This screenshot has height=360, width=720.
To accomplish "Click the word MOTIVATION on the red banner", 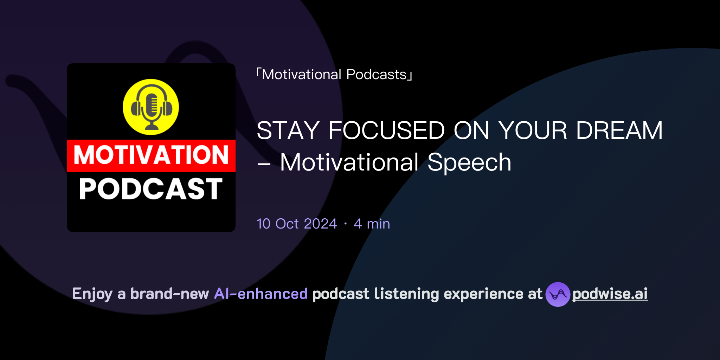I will pos(151,155).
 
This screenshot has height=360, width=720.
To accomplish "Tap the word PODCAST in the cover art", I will pos(151,189).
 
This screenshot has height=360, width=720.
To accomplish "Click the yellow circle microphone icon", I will pos(151,107).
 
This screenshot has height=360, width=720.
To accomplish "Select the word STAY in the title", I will pos(288,130).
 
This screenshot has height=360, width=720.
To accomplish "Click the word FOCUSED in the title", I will pos(386,130).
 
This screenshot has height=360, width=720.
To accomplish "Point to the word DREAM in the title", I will pos(619,130).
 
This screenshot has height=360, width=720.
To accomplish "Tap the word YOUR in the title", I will pos(533,130).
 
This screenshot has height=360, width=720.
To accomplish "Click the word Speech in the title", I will pos(469,162).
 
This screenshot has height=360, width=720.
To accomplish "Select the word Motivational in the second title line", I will pos(349,162).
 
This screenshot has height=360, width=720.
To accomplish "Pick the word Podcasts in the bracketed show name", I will pos(376,75).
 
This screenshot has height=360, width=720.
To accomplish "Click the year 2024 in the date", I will pos(320,224).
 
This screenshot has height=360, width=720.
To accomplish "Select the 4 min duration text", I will pos(372,224).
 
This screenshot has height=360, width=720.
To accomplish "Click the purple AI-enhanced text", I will pos(261,294).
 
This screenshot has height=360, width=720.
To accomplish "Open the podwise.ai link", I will pos(610,294).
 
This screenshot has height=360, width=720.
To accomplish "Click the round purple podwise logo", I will pos(558,294).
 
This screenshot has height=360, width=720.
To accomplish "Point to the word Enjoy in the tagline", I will pos(92,294).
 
